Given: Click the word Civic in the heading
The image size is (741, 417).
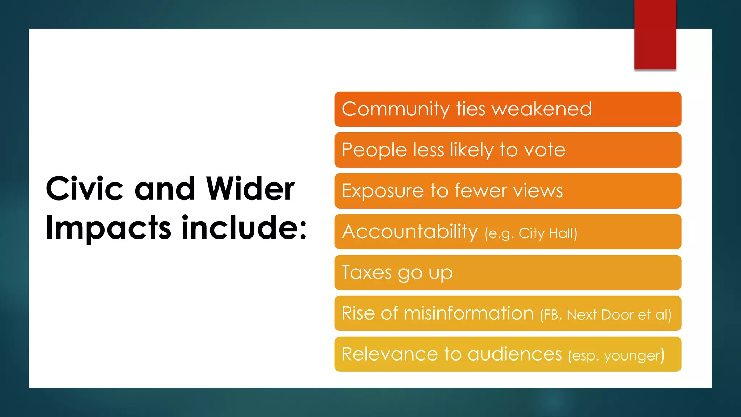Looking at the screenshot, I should (x=84, y=189).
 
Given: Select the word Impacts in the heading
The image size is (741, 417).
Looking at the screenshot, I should (x=108, y=228).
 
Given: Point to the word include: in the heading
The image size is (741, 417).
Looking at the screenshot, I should (x=244, y=228).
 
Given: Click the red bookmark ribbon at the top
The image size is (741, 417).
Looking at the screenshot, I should (x=655, y=34).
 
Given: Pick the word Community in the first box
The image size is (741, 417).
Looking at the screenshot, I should (x=395, y=109).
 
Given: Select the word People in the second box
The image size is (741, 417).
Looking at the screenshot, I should (x=374, y=150).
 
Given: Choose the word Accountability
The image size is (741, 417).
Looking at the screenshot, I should (x=410, y=232).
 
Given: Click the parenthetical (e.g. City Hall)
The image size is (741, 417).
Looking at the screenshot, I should (x=531, y=233).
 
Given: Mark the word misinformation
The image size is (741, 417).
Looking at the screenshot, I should (x=469, y=313).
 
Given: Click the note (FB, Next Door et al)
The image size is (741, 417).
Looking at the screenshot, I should (x=605, y=315).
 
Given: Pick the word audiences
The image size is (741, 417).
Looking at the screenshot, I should (x=515, y=354).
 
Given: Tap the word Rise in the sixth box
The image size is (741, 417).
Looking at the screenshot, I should (x=358, y=313).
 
